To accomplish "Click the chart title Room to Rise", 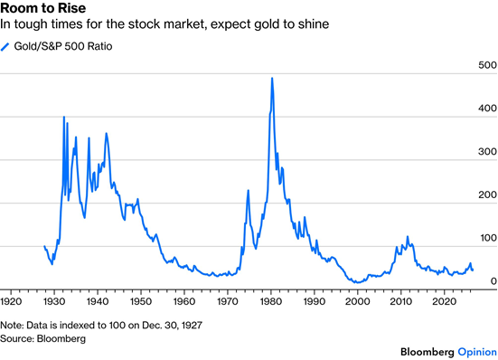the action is (x=43, y=8).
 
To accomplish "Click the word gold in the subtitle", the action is (x=268, y=24).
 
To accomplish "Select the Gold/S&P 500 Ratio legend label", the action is (x=63, y=46).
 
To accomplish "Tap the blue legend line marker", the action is (x=5, y=47).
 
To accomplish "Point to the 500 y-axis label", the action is (x=487, y=65).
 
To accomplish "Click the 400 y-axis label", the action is (x=487, y=109).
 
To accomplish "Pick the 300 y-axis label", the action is (x=487, y=152).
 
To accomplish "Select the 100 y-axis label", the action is (x=488, y=238).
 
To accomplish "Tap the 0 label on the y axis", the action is (x=493, y=281).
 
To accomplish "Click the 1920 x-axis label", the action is (x=11, y=301).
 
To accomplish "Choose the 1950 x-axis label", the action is (x=141, y=301).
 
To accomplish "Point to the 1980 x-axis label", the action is (x=270, y=301).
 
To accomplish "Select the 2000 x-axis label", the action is (x=357, y=301).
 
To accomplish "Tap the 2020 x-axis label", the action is (x=444, y=301).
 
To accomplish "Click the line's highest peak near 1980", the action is (x=272, y=78).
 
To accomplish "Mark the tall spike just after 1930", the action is (x=64, y=117).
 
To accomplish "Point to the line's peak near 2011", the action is (x=408, y=237).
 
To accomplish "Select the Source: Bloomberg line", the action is (x=42, y=338).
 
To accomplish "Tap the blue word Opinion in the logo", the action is (x=477, y=352).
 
